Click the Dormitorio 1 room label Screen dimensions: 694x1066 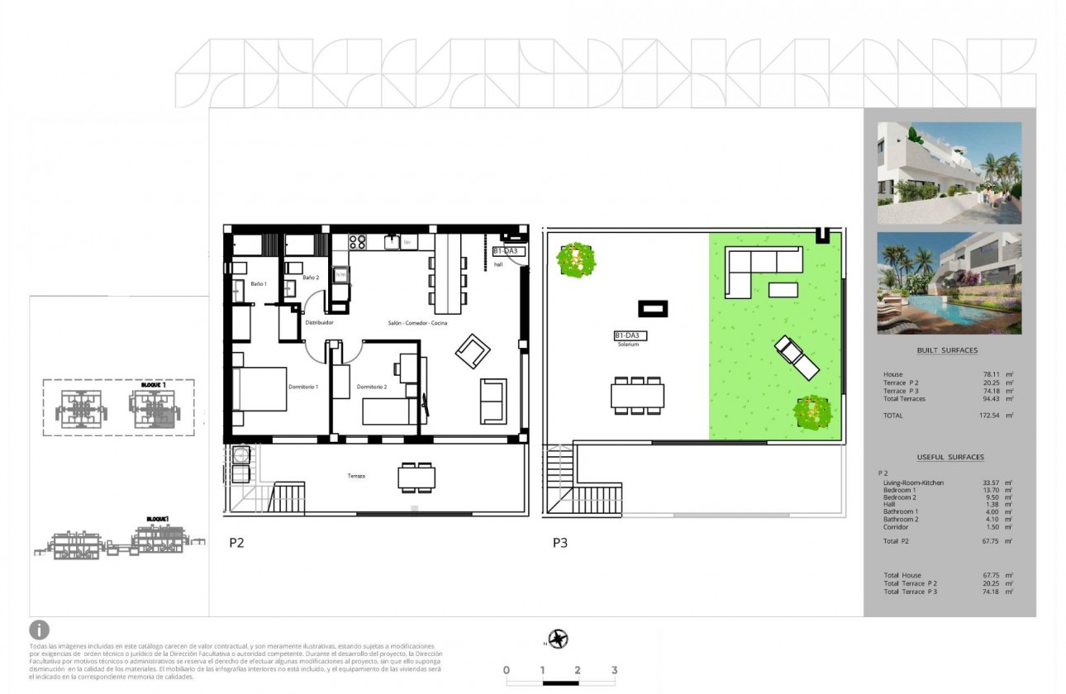(x=304, y=387)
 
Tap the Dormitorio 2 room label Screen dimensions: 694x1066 (x=372, y=387)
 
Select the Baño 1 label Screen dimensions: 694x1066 (x=259, y=283)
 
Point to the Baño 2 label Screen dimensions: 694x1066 (x=310, y=278)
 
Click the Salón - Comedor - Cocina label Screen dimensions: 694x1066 (x=417, y=323)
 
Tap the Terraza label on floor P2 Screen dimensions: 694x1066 (x=356, y=476)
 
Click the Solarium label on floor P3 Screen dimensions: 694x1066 (x=627, y=345)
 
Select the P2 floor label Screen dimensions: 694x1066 (x=237, y=543)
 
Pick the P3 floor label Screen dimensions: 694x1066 (x=561, y=543)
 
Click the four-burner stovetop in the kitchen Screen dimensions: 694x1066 (x=357, y=242)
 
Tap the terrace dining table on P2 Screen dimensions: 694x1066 (x=416, y=478)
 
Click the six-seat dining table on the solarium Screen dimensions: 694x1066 (x=637, y=396)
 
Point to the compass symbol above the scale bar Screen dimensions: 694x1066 (x=559, y=639)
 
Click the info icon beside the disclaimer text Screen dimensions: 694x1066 (x=39, y=630)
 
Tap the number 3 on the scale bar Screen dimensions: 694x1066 (x=614, y=670)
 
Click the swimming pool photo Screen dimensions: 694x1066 (x=949, y=283)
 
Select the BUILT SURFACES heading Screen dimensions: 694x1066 (x=947, y=350)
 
